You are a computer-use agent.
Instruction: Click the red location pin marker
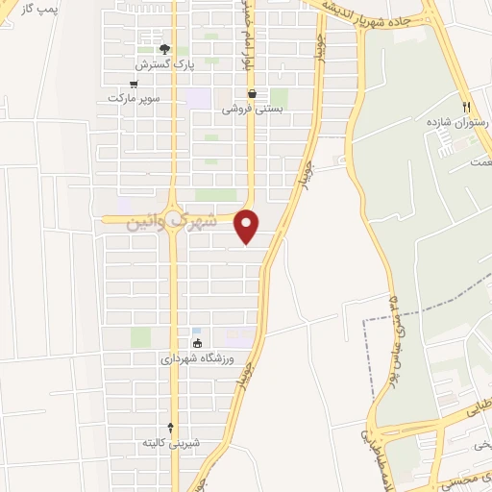pyautogui.click(x=248, y=226)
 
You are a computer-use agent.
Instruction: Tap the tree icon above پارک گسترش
pyautogui.click(x=164, y=49)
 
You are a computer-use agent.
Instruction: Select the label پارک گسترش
pyautogui.click(x=164, y=64)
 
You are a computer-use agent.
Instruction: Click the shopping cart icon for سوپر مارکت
pyautogui.click(x=145, y=84)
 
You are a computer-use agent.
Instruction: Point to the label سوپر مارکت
pyautogui.click(x=134, y=98)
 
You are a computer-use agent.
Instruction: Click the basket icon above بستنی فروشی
pyautogui.click(x=252, y=94)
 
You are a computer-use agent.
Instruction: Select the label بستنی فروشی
pyautogui.click(x=248, y=110)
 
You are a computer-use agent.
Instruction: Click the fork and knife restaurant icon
pyautogui.click(x=466, y=106)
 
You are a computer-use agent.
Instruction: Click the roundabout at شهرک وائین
pyautogui.click(x=173, y=219)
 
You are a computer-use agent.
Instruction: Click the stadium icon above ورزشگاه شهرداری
pyautogui.click(x=198, y=343)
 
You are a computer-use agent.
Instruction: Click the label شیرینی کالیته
pyautogui.click(x=171, y=443)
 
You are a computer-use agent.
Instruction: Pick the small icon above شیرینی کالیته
pyautogui.click(x=171, y=427)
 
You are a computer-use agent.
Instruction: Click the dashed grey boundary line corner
pyautogui.click(x=364, y=319)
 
